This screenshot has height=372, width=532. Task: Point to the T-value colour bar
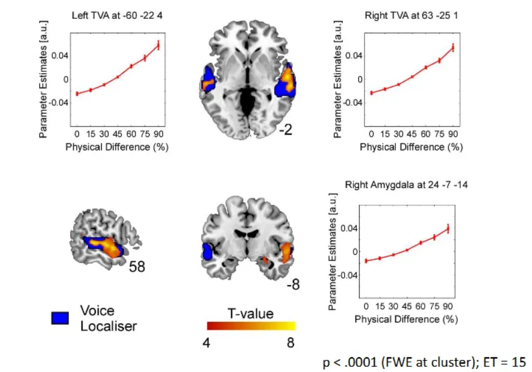[251, 326]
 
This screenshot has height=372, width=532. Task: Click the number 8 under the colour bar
[290, 342]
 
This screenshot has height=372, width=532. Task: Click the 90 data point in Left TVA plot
[158, 45]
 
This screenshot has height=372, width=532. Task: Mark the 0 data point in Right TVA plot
[372, 92]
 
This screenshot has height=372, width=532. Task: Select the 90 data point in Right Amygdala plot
[448, 228]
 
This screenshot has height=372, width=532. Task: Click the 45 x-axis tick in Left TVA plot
[117, 133]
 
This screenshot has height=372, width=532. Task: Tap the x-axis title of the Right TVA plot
[411, 147]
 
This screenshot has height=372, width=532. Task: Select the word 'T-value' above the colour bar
[250, 314]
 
